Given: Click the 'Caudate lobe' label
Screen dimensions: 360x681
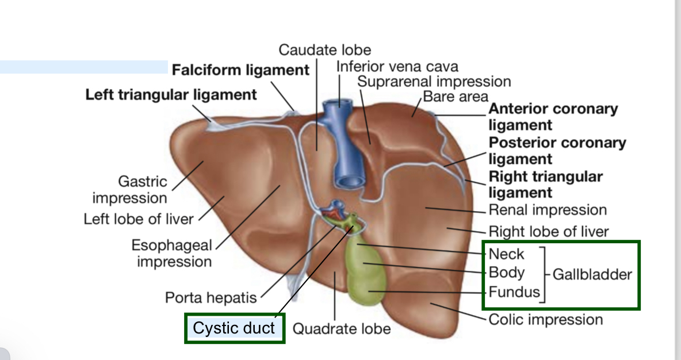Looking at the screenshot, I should click(x=325, y=50).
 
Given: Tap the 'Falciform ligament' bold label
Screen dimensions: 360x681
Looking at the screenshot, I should click(x=240, y=70).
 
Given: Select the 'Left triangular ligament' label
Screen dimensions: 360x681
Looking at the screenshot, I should click(x=171, y=94).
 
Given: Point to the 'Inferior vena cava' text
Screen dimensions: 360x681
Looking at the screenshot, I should click(x=397, y=67).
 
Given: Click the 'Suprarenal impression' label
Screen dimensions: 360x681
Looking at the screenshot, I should click(x=434, y=82).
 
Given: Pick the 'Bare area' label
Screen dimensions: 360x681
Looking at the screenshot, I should click(x=456, y=96).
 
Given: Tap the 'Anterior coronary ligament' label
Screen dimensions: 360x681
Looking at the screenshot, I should click(x=553, y=117).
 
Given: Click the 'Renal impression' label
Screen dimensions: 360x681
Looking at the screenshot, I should click(x=548, y=210).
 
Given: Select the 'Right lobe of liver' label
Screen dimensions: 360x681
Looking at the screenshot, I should click(x=548, y=232).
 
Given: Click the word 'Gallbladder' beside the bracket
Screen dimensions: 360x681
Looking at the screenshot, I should click(x=592, y=274).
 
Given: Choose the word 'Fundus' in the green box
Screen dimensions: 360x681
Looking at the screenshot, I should click(x=514, y=292).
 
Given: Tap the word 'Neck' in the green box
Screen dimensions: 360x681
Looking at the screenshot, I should click(x=506, y=254).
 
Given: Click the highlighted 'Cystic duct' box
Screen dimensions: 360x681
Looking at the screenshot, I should click(x=234, y=328).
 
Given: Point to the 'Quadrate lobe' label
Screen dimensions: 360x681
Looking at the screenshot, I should click(x=342, y=329).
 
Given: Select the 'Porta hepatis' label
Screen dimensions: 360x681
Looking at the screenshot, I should click(x=211, y=298).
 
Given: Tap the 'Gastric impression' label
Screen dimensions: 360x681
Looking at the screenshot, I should click(x=130, y=190).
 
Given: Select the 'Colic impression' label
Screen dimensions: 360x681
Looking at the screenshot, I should click(x=545, y=320).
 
